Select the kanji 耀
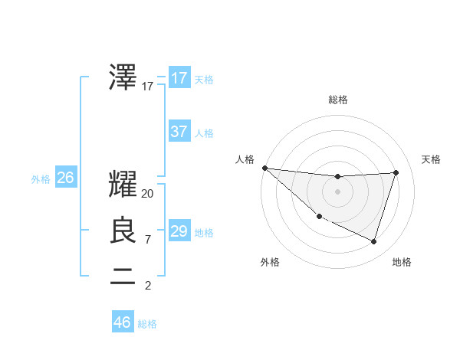click(123, 184)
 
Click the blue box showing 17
click(179, 78)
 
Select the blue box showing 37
click(179, 132)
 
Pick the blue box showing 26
click(66, 178)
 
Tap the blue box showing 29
click(179, 231)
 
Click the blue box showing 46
click(123, 322)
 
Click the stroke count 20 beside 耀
click(148, 194)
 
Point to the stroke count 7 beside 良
click(148, 240)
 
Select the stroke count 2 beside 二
click(148, 286)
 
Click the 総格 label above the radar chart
click(338, 100)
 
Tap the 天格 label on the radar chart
click(432, 159)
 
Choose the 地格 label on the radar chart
click(402, 262)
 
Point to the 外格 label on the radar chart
click(270, 262)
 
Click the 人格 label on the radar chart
click(245, 159)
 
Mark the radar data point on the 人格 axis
click(264, 168)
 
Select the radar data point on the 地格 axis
click(373, 241)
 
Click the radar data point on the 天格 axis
click(396, 172)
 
